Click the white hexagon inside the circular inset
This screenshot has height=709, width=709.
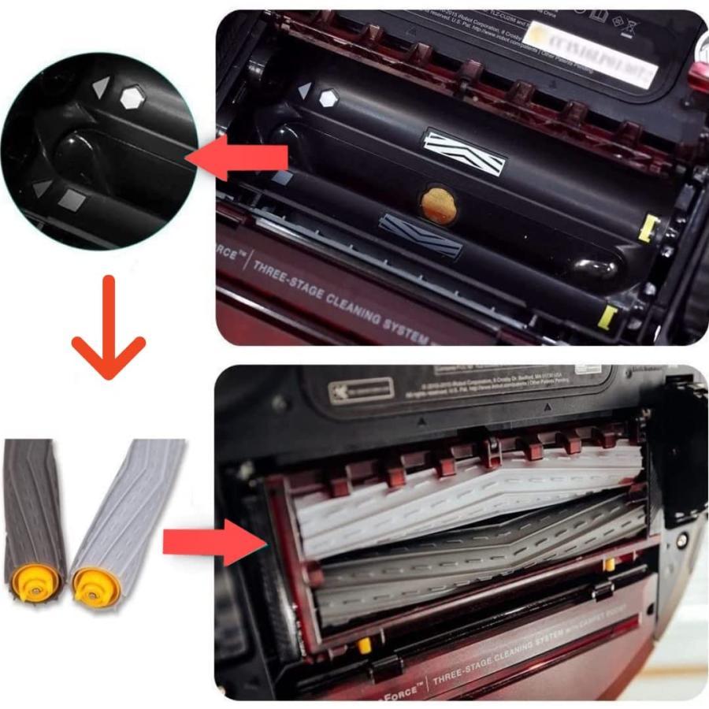[129, 98]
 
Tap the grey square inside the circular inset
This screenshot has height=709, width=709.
[71, 200]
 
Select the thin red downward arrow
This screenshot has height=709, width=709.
[109, 328]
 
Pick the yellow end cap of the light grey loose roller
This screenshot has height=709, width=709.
[94, 586]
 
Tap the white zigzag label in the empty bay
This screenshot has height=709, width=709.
[464, 152]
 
